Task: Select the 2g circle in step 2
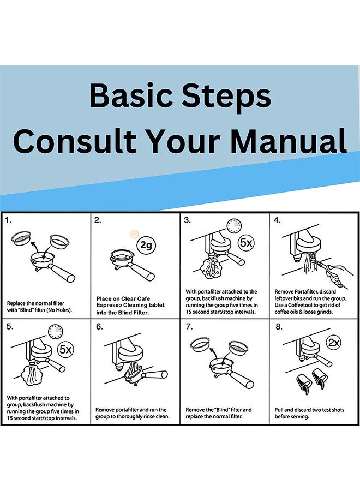[146, 245]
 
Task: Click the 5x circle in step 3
[246, 243]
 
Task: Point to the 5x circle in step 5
[66, 349]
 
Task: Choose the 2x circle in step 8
[334, 342]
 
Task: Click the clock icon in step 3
[234, 226]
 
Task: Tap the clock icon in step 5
[56, 332]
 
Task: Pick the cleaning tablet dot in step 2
[134, 234]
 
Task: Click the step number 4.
[277, 220]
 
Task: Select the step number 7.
[189, 327]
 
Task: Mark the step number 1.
[8, 220]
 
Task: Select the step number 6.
[99, 327]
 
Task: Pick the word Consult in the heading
[75, 141]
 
